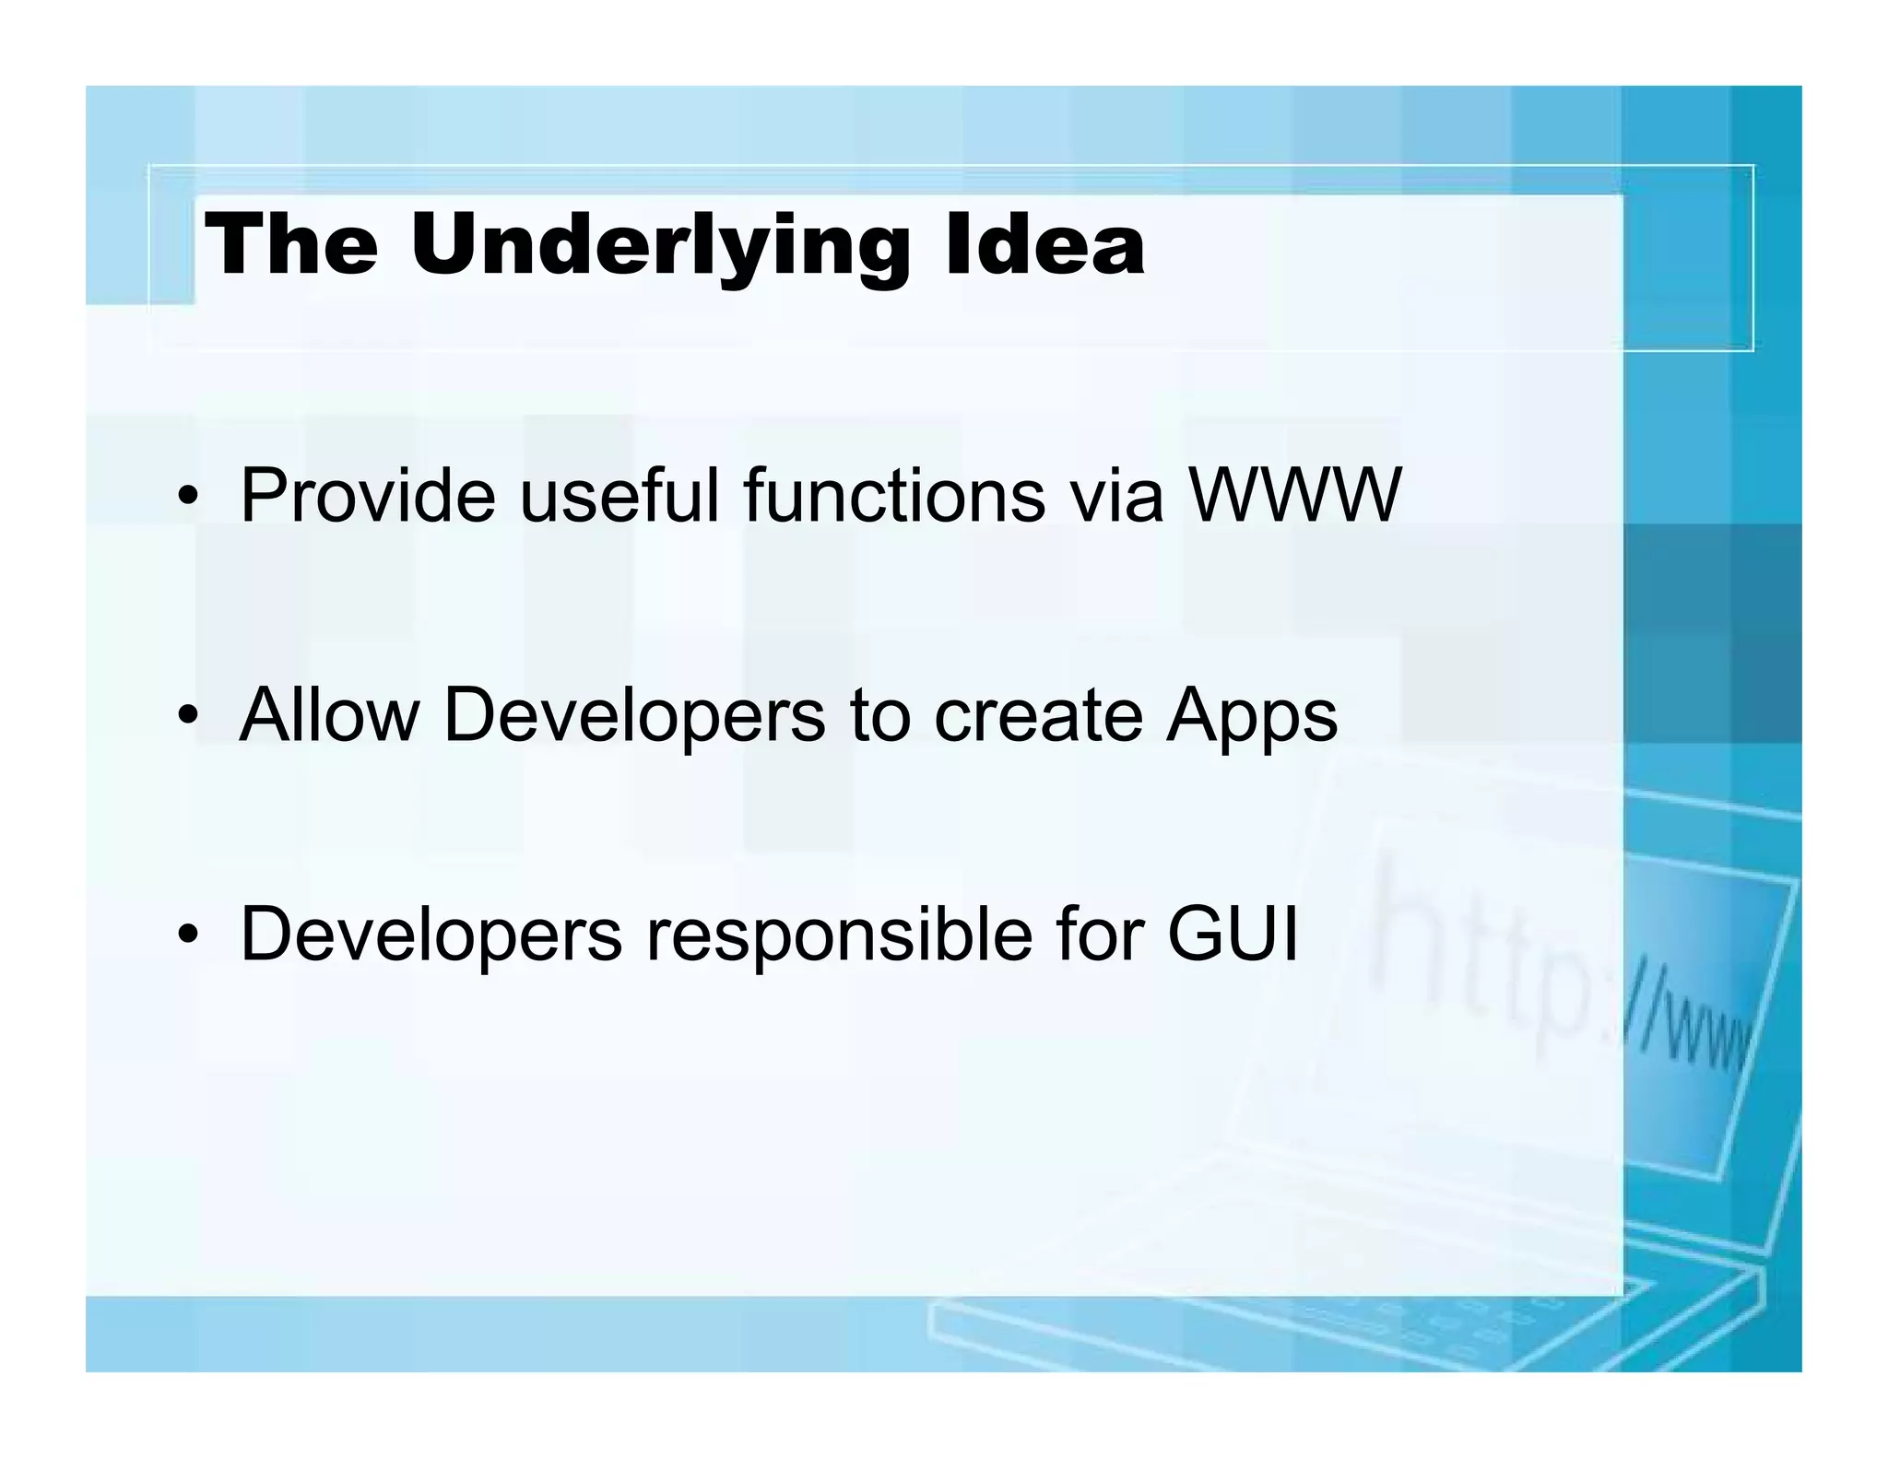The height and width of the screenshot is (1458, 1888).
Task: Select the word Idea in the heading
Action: click(x=1044, y=245)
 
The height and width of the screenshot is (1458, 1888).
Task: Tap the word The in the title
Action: click(x=291, y=245)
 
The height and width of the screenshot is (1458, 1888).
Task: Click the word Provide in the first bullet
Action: click(x=367, y=497)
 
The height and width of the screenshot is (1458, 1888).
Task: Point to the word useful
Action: click(x=619, y=497)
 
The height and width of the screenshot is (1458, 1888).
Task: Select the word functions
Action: click(x=893, y=497)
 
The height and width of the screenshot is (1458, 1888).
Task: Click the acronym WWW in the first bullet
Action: click(x=1294, y=497)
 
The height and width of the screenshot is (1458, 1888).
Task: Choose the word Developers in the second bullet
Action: click(x=634, y=716)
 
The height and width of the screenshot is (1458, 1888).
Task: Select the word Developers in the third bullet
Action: click(x=431, y=935)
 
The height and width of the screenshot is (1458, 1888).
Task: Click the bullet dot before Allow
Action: click(x=188, y=718)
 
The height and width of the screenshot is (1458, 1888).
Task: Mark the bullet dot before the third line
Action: click(x=188, y=936)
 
